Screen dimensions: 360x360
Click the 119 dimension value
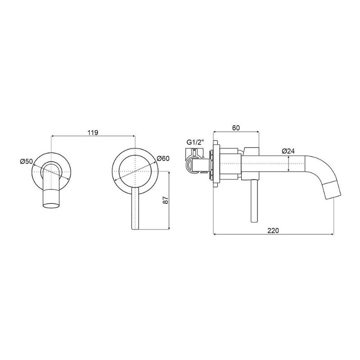click(x=93, y=133)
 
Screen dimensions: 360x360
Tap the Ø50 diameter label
click(x=27, y=162)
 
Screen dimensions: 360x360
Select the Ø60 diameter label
click(x=163, y=158)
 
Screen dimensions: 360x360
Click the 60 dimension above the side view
click(x=236, y=128)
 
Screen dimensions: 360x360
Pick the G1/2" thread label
click(x=195, y=142)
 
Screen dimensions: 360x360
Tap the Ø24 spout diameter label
click(x=288, y=151)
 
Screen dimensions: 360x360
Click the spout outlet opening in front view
click(x=51, y=205)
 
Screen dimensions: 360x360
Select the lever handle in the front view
click(x=135, y=208)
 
